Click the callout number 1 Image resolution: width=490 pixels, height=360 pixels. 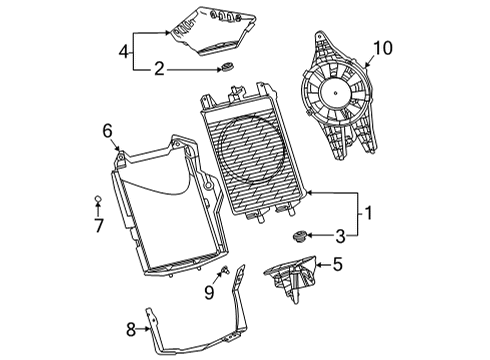369,213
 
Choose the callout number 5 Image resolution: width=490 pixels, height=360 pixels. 338,265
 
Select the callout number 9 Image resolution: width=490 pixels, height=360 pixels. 208,292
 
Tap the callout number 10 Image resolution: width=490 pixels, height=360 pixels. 383,46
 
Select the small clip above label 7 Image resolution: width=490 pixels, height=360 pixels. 98,200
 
